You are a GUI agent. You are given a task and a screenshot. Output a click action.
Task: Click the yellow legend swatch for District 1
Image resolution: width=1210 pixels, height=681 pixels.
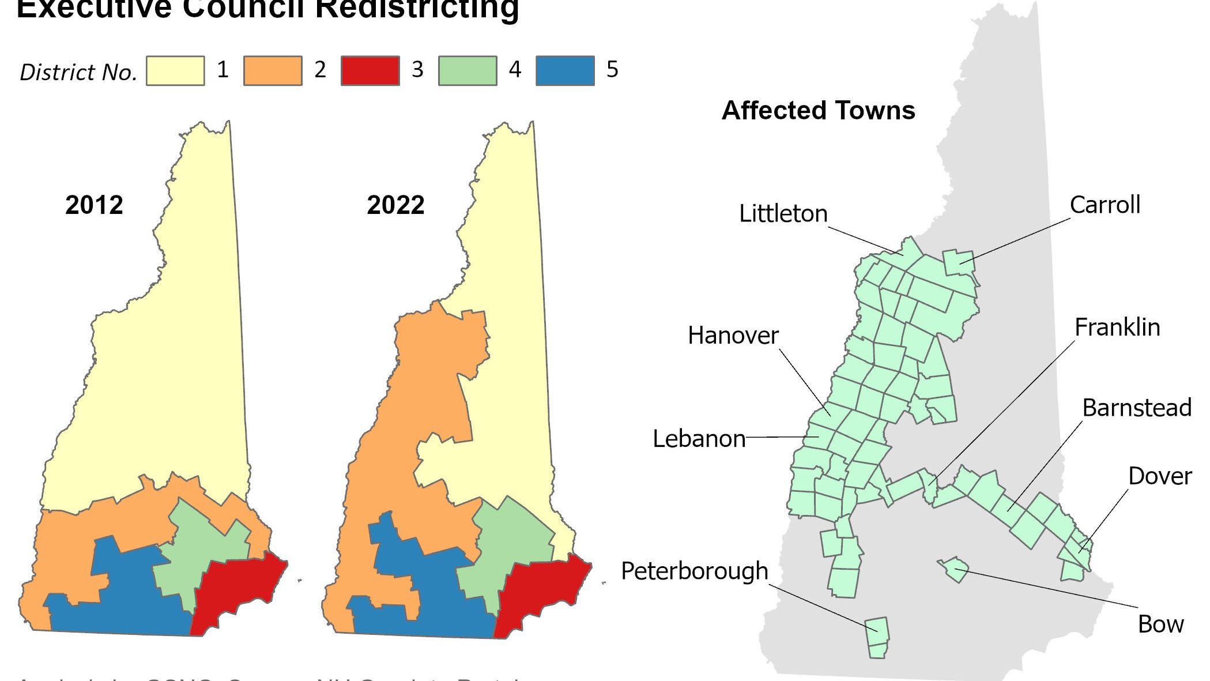tap(175, 71)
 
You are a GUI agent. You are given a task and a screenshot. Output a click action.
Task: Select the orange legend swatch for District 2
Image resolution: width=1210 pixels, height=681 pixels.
tap(273, 71)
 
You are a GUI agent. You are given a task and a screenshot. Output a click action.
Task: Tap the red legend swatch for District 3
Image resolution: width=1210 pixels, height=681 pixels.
tap(370, 71)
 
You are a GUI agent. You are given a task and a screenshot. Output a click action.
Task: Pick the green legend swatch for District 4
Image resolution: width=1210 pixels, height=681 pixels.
tap(468, 71)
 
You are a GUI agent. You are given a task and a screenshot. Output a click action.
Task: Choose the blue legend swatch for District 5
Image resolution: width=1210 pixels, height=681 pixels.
tap(565, 71)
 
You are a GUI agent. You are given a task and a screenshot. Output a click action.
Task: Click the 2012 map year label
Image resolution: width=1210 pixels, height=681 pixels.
tap(94, 205)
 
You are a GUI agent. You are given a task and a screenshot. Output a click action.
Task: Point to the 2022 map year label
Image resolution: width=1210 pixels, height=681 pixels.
tap(395, 205)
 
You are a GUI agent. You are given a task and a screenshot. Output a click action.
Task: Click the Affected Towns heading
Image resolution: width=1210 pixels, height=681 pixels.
tap(818, 110)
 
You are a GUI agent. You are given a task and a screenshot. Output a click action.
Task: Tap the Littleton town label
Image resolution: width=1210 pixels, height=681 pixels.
tap(783, 214)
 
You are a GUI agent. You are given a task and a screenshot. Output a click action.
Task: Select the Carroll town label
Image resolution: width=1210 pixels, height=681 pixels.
tap(1105, 205)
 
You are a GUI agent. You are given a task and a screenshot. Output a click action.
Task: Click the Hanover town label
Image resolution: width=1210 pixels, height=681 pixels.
tap(733, 336)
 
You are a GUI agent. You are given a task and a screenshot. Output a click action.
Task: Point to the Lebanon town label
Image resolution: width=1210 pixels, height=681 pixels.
tap(699, 439)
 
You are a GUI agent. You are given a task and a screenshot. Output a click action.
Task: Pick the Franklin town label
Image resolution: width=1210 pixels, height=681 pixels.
tap(1117, 328)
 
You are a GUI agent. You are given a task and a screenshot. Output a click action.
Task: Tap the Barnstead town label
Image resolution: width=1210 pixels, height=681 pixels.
tap(1136, 408)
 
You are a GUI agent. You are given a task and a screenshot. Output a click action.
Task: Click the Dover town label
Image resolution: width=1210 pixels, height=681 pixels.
tap(1159, 476)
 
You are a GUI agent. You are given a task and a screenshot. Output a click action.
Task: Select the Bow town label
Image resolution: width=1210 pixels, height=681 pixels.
tap(1160, 624)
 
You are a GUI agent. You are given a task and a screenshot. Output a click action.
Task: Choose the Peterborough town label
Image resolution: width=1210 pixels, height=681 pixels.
tap(694, 571)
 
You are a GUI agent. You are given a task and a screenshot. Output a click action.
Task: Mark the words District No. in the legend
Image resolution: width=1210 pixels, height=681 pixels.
tap(78, 73)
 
